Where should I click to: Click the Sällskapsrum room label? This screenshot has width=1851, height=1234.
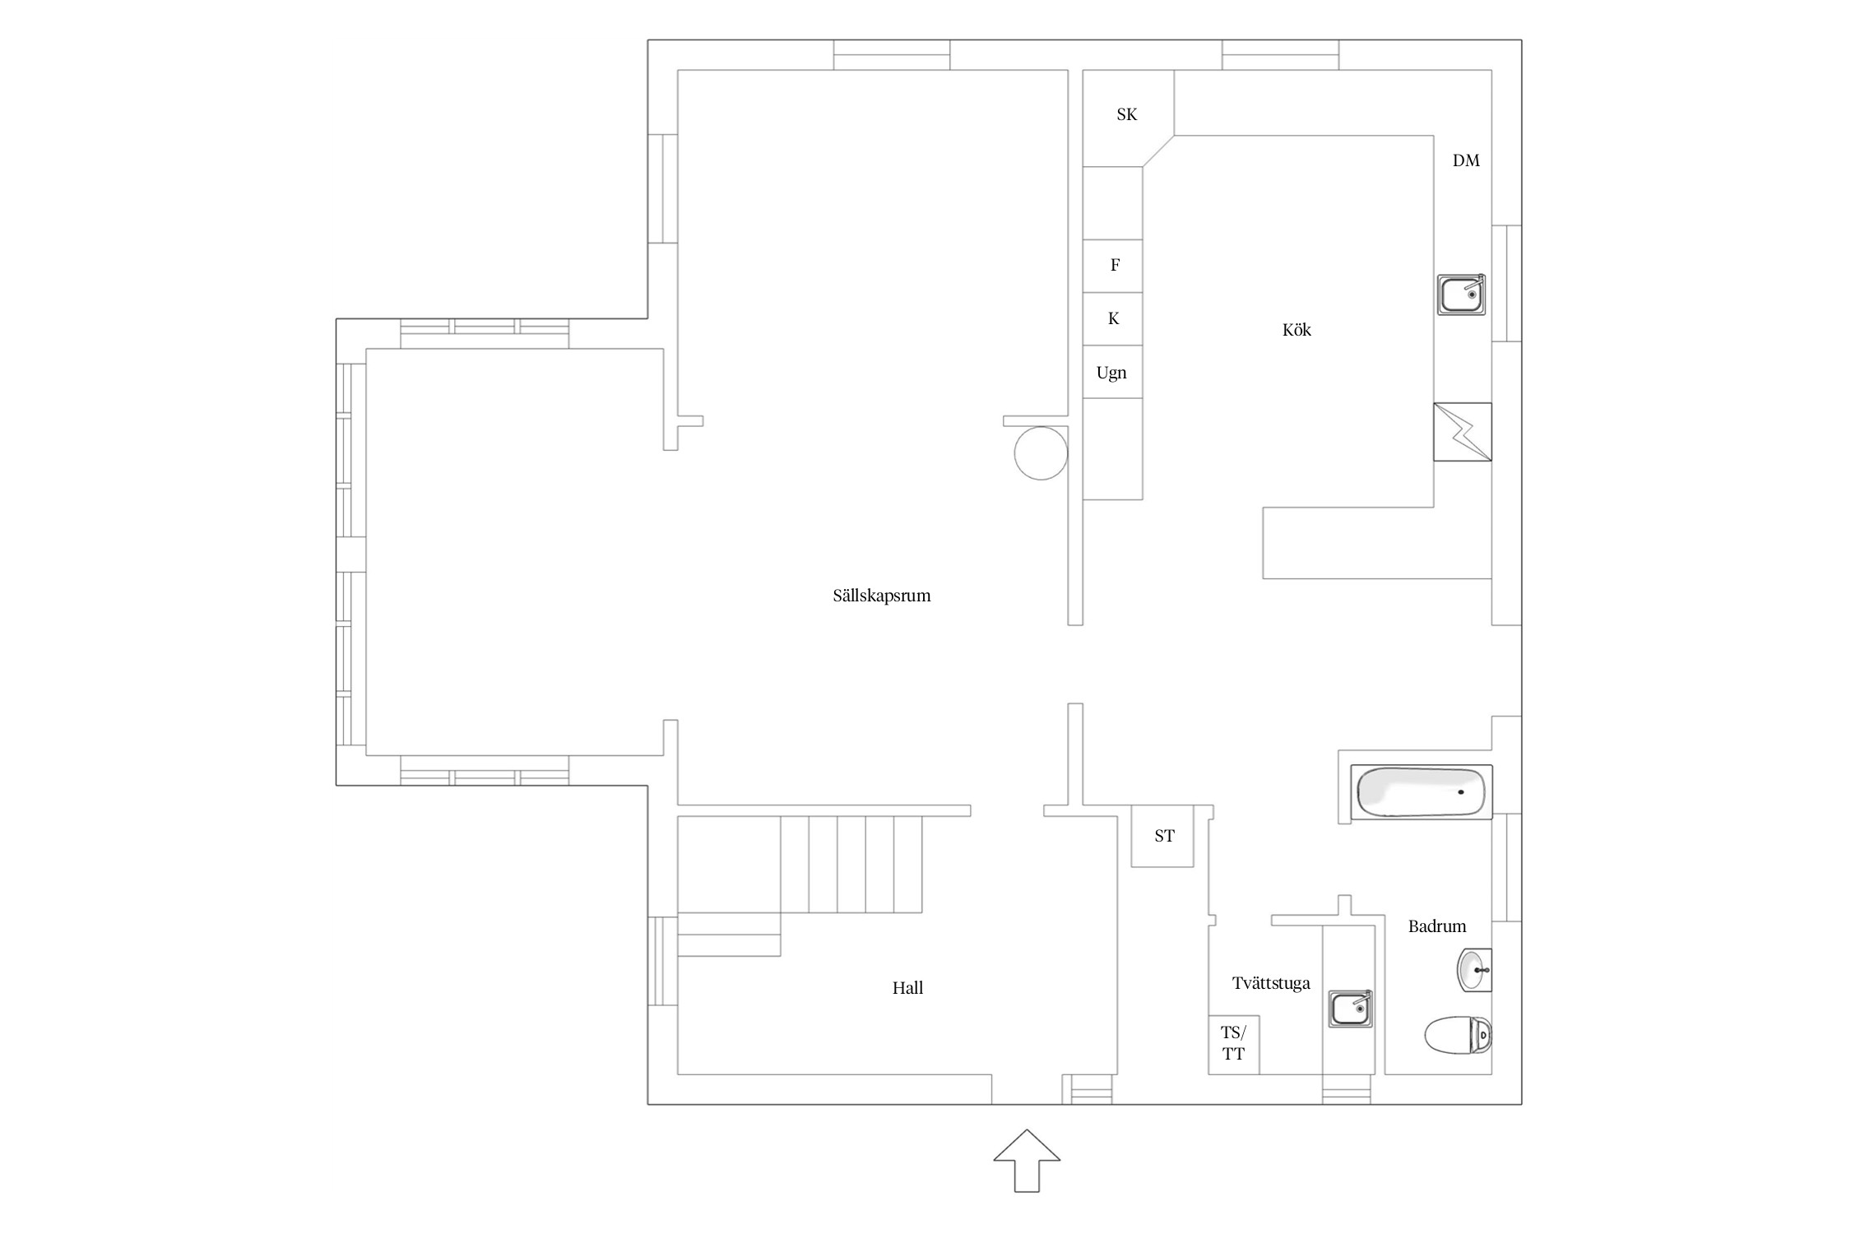881,596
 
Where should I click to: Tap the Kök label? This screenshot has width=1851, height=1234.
1297,330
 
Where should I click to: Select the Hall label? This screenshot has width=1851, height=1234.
907,988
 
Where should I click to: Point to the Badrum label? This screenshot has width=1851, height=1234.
1437,926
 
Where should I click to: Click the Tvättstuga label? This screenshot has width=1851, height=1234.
1271,983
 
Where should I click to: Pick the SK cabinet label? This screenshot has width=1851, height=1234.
1127,114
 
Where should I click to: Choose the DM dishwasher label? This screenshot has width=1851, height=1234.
1466,160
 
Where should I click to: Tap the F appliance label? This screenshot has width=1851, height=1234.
1115,265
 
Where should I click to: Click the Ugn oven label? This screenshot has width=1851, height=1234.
1111,373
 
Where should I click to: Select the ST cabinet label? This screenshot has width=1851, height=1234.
1164,836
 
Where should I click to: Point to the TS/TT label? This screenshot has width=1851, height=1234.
1233,1043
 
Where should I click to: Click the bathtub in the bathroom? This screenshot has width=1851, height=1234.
1422,792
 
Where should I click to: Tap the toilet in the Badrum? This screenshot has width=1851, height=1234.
1458,1035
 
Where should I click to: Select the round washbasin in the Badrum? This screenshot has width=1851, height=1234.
1474,970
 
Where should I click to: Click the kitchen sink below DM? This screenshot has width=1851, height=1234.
1462,295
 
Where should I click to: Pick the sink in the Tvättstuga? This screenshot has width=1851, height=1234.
1351,1009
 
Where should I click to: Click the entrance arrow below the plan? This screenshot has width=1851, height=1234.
1027,1160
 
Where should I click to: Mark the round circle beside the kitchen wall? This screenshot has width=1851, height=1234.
1041,453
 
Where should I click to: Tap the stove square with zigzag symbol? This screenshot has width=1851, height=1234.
1463,432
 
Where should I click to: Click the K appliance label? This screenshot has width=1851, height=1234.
1114,318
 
